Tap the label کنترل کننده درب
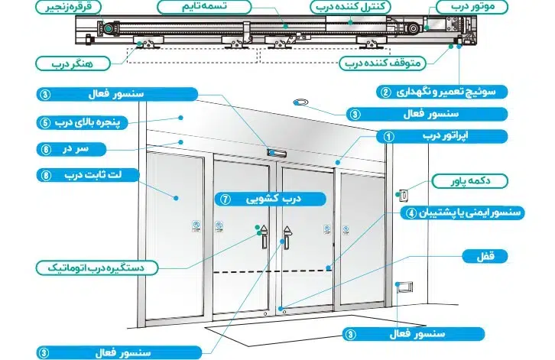coord(354,8)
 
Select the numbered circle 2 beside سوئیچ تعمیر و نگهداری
coord(386,92)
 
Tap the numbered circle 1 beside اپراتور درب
coord(388,138)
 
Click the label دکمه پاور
coord(474,181)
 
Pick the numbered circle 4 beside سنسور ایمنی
coord(411,213)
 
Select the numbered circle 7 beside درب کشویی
coord(225,199)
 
